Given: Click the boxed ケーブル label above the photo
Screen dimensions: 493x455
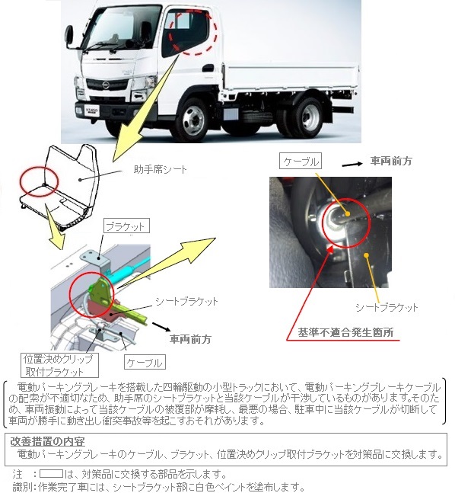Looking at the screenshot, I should click(x=301, y=162).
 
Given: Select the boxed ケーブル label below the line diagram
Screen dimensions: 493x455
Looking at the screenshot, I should click(x=145, y=362).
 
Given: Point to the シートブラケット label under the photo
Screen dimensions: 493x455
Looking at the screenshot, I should click(x=387, y=307).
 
